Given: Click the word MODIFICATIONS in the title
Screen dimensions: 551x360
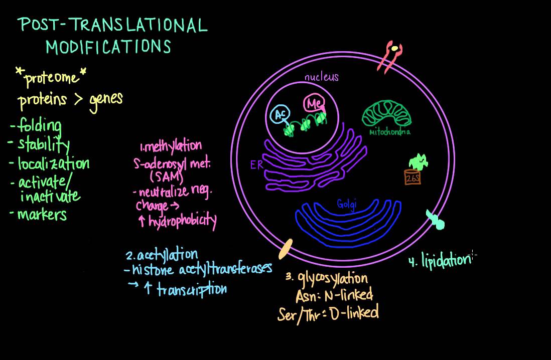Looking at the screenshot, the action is [x=108, y=47].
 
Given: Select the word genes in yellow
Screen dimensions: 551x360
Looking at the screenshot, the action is [x=106, y=98].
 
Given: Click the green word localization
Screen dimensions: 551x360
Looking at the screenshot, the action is [x=53, y=163].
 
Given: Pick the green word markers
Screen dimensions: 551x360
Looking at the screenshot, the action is [x=42, y=215].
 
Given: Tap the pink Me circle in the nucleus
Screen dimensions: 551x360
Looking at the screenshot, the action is [x=312, y=105].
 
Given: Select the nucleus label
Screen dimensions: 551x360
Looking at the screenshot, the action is [x=322, y=77].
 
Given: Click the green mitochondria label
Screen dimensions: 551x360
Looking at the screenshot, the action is [x=390, y=132].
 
